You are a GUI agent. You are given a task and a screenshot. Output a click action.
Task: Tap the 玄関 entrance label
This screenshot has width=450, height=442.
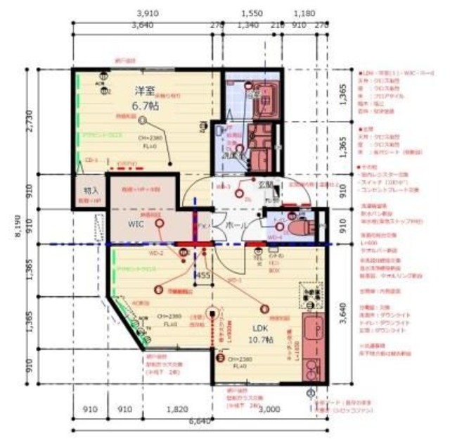pos(265,185)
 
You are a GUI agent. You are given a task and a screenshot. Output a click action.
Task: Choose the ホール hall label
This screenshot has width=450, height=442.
pos(234,225)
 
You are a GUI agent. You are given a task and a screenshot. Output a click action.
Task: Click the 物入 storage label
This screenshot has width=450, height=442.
pos(91,191)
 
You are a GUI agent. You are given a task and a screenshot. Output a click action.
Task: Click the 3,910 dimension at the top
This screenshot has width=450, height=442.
pos(146,13)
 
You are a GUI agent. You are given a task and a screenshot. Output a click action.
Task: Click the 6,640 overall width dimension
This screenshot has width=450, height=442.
pos(200,421)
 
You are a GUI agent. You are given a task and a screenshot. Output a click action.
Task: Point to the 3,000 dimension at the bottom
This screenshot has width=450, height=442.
pos(269,409)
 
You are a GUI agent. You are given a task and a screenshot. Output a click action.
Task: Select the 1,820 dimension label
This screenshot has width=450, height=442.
pos(178,409)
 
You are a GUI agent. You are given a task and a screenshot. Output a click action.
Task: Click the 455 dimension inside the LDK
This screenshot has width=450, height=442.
pos(203,275)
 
